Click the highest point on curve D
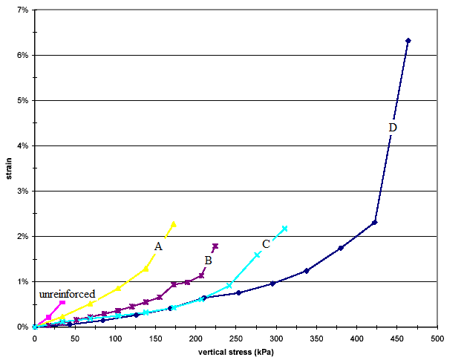tap(408, 40)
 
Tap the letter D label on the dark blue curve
tap(393, 128)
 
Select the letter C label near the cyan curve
tap(266, 243)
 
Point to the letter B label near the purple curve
tap(208, 260)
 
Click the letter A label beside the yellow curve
tap(158, 246)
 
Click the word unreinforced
tap(67, 294)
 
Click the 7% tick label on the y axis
tap(22, 10)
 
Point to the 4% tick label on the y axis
tap(22, 145)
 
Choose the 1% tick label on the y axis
tap(22, 281)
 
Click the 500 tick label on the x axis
tap(438, 338)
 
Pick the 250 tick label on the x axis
tap(236, 338)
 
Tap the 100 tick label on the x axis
tap(115, 338)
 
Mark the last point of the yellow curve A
tap(174, 223)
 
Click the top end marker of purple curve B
tap(215, 246)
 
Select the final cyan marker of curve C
tap(284, 229)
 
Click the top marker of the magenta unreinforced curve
tap(62, 302)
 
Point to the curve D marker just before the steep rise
tap(375, 222)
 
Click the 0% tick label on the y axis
tap(22, 327)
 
